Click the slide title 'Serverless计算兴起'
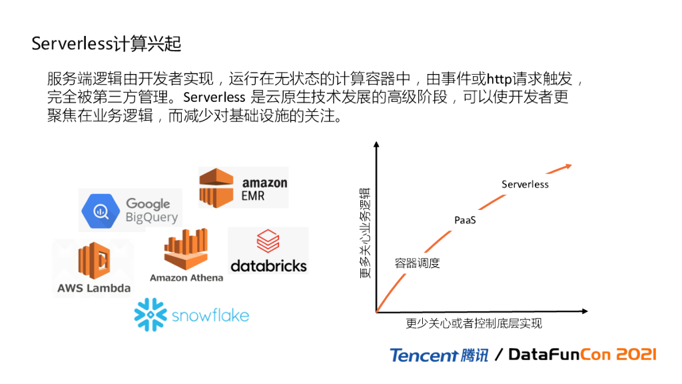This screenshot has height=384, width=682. click(x=107, y=44)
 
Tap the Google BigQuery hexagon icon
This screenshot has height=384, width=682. click(x=101, y=210)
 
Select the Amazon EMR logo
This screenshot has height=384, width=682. click(x=244, y=187)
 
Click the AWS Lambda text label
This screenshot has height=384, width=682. click(x=94, y=289)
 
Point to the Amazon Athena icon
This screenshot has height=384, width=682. click(x=186, y=249)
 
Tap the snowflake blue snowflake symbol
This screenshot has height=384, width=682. click(x=150, y=315)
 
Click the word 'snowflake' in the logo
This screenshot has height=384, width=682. click(x=210, y=315)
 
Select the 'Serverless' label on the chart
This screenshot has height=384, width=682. click(x=525, y=184)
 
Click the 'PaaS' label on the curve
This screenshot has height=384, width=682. click(x=465, y=220)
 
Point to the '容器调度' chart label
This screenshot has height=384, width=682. click(x=418, y=263)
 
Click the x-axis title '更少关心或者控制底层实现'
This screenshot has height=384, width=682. click(x=474, y=323)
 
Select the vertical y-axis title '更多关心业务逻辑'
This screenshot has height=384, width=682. click(x=365, y=233)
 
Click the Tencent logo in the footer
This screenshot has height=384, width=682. click(x=439, y=355)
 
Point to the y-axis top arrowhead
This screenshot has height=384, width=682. click(x=376, y=145)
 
